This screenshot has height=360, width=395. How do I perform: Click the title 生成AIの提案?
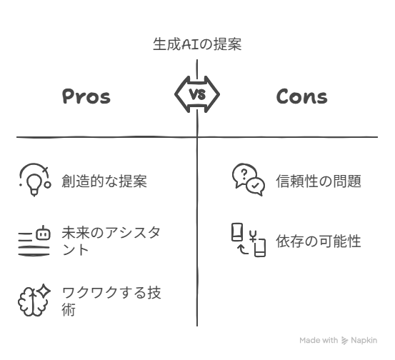(x=197, y=44)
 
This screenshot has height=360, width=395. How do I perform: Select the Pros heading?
(x=86, y=96)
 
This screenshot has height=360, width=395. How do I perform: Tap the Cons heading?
(x=302, y=96)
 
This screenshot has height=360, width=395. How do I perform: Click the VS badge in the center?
(x=197, y=94)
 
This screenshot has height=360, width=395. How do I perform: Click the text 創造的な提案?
(x=104, y=181)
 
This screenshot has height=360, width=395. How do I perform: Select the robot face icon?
(x=43, y=233)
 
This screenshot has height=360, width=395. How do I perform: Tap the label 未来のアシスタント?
(x=111, y=241)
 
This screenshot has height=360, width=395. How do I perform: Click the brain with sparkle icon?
(x=34, y=300)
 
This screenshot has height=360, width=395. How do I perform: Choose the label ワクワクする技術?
(x=111, y=301)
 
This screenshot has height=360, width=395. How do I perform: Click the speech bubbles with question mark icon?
(x=249, y=179)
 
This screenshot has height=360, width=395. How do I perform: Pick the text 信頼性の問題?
(x=319, y=181)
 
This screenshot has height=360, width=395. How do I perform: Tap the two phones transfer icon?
(x=249, y=240)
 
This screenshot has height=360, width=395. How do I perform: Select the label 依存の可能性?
(x=319, y=241)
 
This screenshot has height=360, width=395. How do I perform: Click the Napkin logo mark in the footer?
(x=344, y=340)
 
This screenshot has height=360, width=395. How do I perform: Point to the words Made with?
(x=319, y=340)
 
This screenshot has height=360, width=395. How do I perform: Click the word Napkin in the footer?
(x=364, y=340)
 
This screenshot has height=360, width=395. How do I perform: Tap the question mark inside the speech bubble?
(x=244, y=174)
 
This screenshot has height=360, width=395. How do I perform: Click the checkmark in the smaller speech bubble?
(x=255, y=186)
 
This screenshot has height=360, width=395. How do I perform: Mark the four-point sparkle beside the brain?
(x=44, y=291)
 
